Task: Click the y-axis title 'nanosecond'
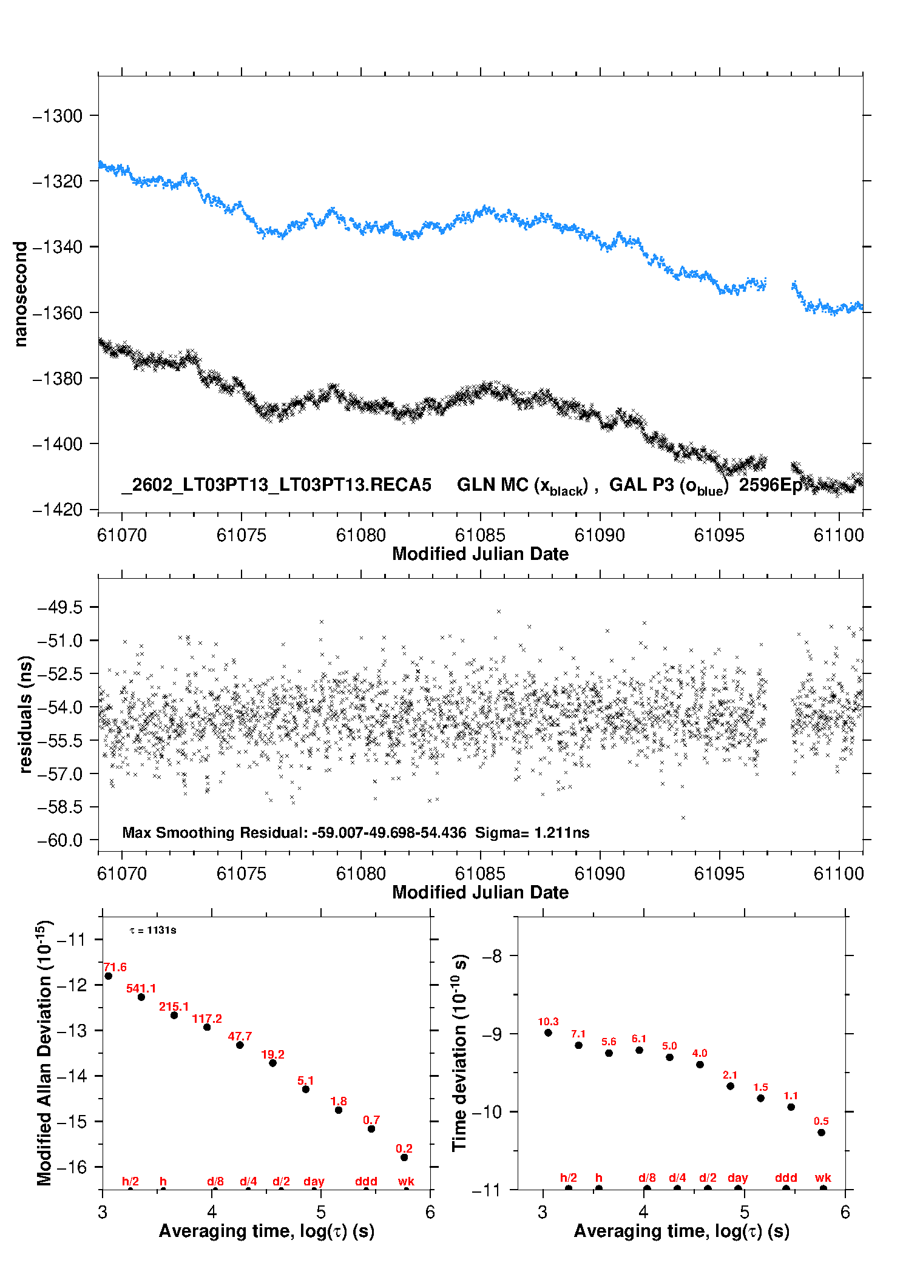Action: click(21, 294)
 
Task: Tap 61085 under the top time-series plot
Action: click(480, 535)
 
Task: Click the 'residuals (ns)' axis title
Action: click(25, 714)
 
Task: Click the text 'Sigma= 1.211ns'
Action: click(532, 832)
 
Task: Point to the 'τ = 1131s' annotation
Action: click(153, 931)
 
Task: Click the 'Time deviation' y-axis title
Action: click(459, 1053)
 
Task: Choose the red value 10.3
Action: click(548, 1022)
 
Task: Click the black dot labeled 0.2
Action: click(404, 1157)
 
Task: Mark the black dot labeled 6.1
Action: click(639, 1050)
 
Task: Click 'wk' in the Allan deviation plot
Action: click(406, 1182)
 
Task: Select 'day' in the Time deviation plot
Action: click(737, 1178)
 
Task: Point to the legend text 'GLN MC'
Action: click(492, 485)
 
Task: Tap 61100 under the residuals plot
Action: click(838, 874)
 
